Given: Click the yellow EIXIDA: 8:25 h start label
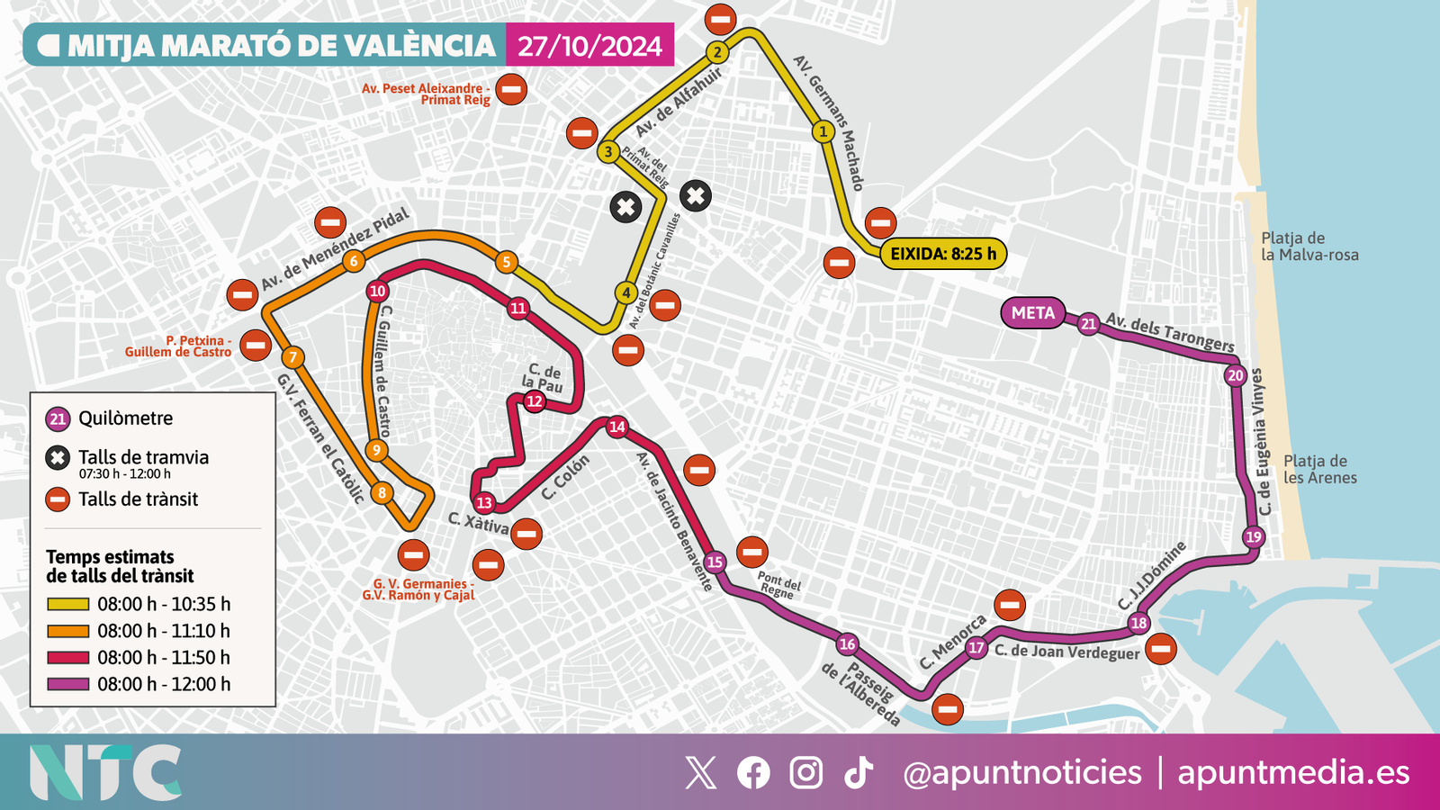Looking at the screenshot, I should click(942, 254).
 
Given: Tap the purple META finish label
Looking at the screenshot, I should click(1032, 313).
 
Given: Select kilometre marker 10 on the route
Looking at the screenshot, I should click(377, 291).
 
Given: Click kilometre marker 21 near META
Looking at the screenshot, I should click(1088, 324).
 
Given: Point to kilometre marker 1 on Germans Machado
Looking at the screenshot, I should click(823, 132).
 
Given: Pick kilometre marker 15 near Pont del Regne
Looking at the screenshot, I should click(715, 562).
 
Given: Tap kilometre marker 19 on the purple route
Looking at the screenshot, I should click(1254, 537).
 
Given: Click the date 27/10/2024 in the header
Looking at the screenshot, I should click(589, 46).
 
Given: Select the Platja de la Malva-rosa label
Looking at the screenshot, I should click(1309, 247).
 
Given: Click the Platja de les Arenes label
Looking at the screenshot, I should click(1319, 469).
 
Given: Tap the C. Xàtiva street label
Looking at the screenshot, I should click(478, 523).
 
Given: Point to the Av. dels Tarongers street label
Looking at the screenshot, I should click(1169, 332).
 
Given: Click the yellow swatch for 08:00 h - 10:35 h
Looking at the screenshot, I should click(67, 604).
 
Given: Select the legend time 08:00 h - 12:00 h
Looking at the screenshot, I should click(164, 684).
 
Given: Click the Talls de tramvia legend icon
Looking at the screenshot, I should click(58, 458).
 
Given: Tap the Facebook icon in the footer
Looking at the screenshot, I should click(753, 772).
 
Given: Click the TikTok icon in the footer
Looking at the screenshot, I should click(859, 772).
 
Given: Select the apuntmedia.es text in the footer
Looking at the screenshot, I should click(1293, 772).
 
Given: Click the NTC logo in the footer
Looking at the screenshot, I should click(104, 772).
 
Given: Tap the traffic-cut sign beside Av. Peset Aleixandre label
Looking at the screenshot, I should click(511, 89).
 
